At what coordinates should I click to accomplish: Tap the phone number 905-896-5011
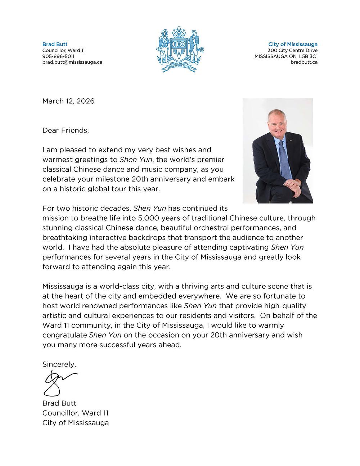[58, 56]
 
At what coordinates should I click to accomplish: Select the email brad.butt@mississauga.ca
[72, 62]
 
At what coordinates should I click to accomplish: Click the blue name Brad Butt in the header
[55, 44]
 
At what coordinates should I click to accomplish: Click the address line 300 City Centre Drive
[293, 50]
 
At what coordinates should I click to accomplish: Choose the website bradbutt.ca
[304, 62]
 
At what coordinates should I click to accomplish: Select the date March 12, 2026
[68, 101]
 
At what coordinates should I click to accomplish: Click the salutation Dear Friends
[66, 130]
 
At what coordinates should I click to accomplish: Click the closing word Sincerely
[59, 364]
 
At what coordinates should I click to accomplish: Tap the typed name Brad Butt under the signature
[59, 403]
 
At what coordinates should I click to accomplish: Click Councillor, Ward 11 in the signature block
[75, 413]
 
